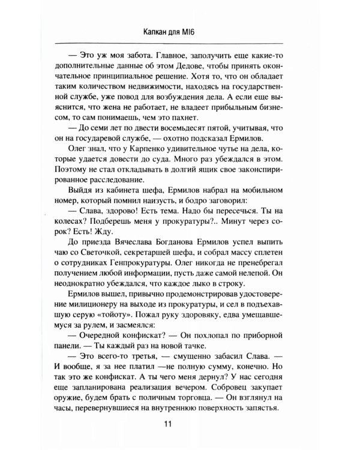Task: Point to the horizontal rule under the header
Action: click(180, 44)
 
